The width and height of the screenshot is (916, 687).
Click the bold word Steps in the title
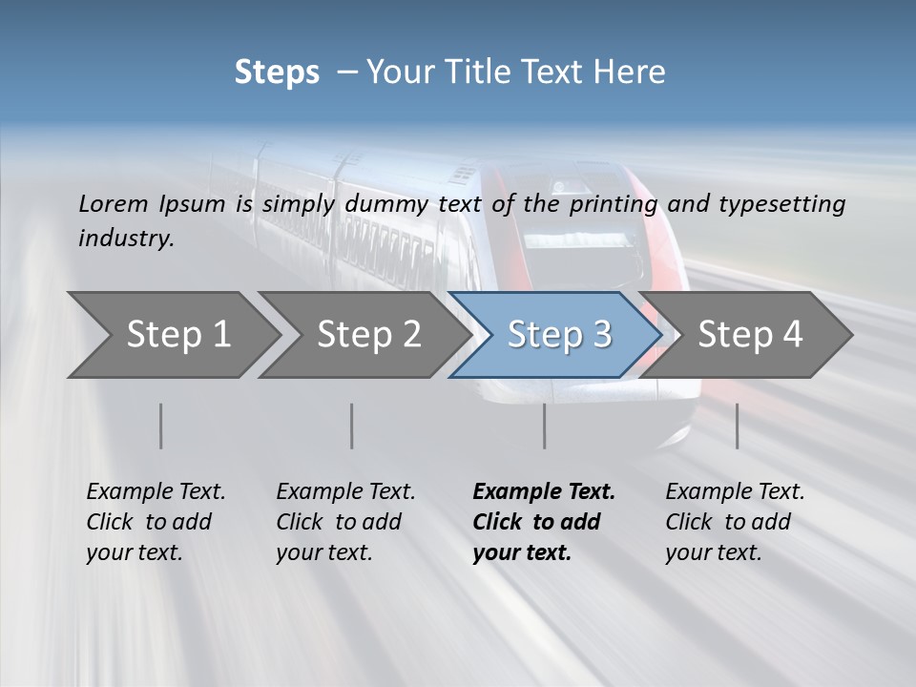tap(277, 73)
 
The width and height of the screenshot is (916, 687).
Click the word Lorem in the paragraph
tap(113, 203)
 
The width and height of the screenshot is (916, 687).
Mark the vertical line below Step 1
tap(161, 426)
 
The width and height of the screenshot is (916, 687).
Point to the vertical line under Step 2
tap(352, 426)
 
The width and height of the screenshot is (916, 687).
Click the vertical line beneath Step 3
tap(544, 426)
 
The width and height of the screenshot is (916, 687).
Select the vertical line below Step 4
tap(737, 426)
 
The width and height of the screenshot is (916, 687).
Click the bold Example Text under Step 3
tap(544, 522)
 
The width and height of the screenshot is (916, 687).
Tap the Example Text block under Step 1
tap(156, 522)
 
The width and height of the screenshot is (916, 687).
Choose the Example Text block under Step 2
tap(345, 522)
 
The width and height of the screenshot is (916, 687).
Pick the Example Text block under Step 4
tap(735, 522)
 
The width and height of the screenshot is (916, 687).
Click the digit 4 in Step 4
tap(791, 334)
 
